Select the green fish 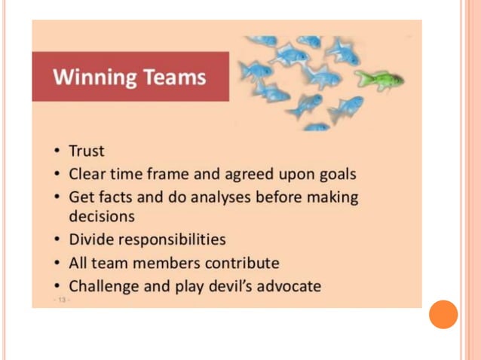tap(379, 78)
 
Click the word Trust tap(87, 151)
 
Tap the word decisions tap(102, 216)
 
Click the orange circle tap(443, 314)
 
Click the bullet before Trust tap(58, 151)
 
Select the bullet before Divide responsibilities tap(58, 240)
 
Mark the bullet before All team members tap(58, 264)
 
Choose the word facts tap(117, 197)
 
